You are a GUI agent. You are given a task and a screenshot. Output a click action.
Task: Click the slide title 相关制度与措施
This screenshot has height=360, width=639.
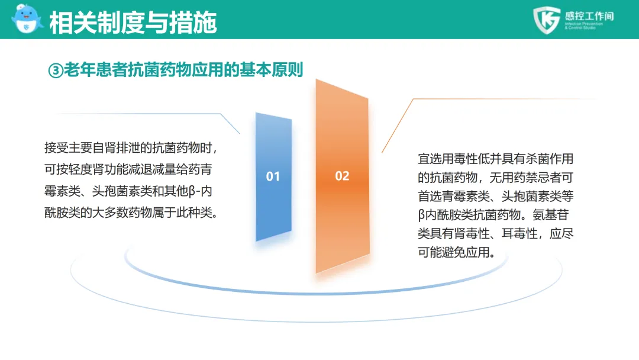click(133, 22)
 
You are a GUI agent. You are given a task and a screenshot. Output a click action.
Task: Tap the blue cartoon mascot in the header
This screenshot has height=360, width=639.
click(27, 19)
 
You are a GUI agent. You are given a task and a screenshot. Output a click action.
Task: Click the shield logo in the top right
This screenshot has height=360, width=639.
click(547, 20)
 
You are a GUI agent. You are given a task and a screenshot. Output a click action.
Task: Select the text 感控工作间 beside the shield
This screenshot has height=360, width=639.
click(589, 16)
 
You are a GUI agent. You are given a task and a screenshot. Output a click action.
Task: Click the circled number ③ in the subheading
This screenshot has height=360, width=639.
click(56, 70)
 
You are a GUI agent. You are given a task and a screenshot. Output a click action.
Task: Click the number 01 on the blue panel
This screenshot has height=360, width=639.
click(273, 176)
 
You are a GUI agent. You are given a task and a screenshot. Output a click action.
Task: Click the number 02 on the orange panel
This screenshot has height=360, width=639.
click(343, 176)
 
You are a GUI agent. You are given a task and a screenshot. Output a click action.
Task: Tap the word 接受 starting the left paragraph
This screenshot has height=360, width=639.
click(56, 147)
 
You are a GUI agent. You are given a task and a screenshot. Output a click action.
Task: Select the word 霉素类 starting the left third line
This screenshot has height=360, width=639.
click(62, 191)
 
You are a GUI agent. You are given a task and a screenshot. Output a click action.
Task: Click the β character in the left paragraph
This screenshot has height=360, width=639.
click(192, 192)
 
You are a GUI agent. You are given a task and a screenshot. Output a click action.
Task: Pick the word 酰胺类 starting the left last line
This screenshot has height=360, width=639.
click(62, 213)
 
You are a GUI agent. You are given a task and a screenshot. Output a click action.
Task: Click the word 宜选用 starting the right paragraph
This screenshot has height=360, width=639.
click(435, 159)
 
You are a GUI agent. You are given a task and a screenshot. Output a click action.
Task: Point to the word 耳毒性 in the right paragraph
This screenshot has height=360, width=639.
click(519, 234)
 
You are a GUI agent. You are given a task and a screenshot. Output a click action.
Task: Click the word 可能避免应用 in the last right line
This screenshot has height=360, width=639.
click(454, 252)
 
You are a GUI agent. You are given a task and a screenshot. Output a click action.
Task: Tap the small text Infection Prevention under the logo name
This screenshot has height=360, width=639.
click(583, 24)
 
